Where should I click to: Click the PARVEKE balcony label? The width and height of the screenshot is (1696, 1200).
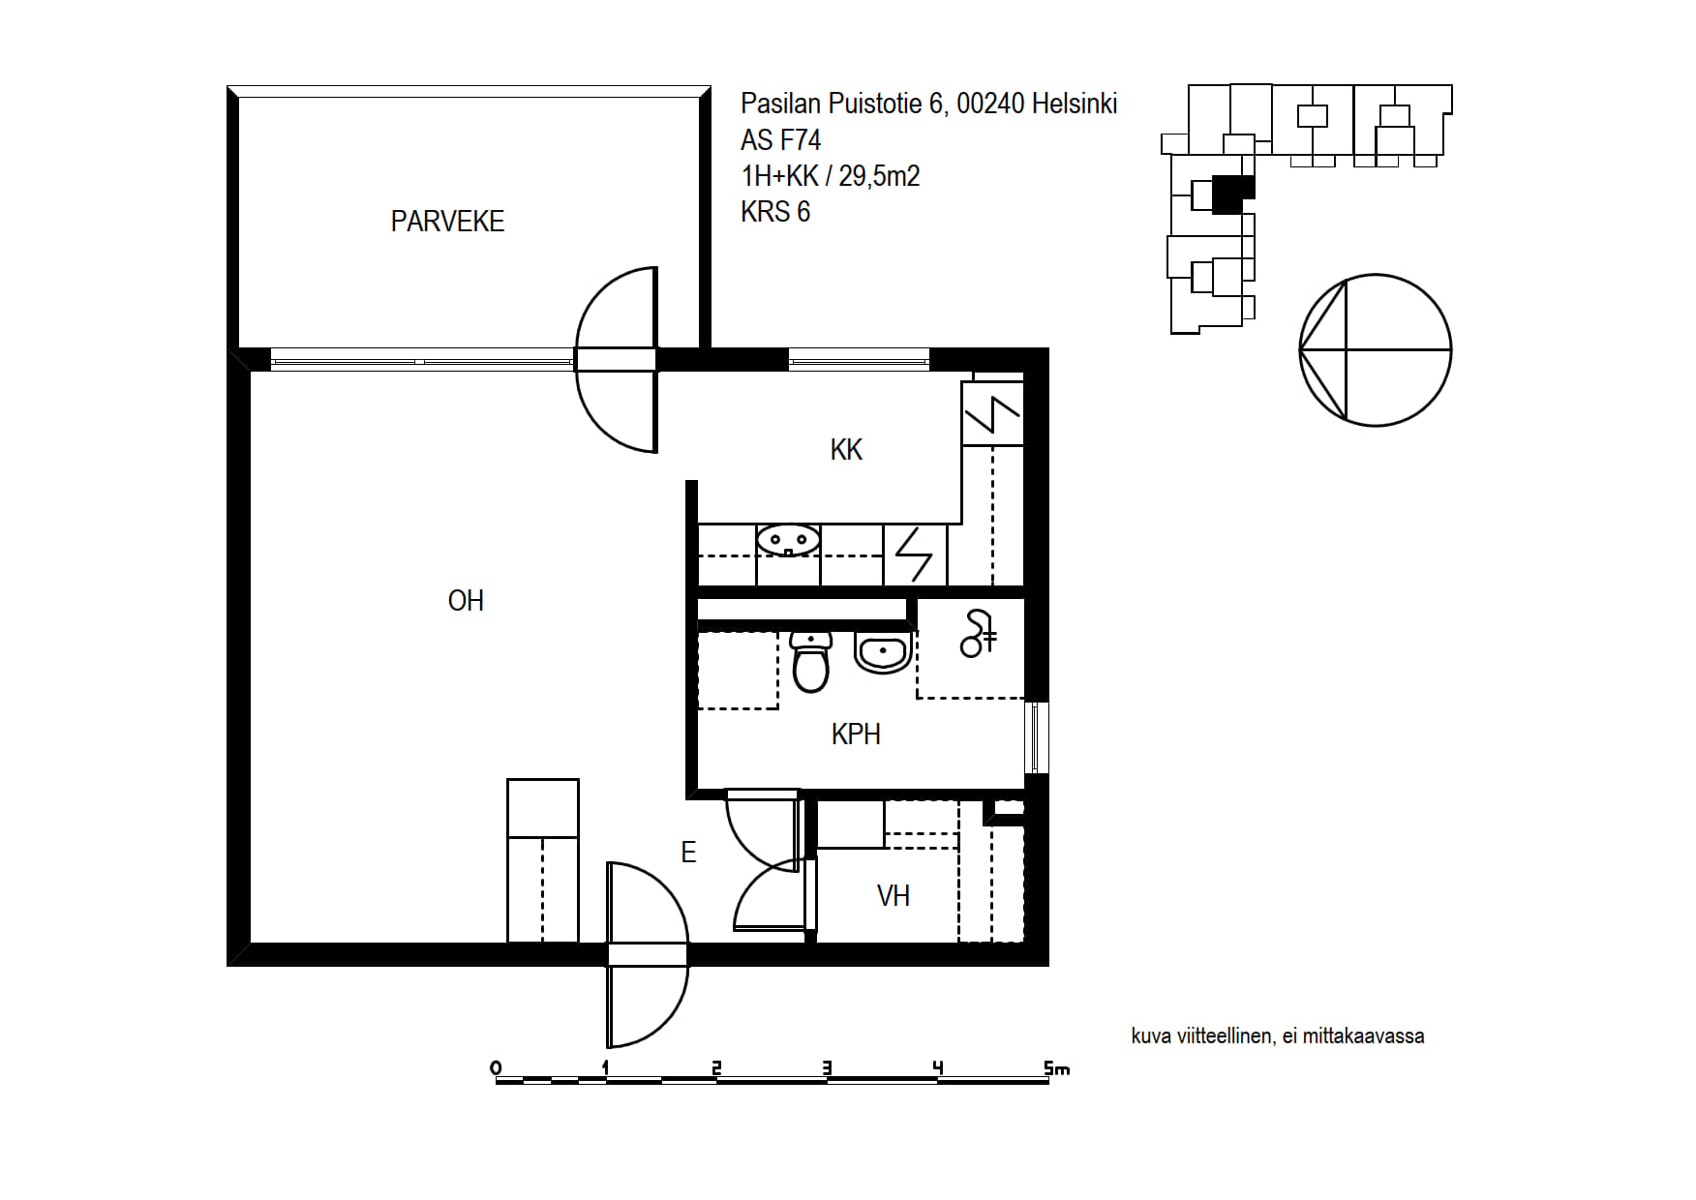tap(447, 222)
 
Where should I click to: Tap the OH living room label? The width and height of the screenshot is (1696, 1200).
tap(466, 601)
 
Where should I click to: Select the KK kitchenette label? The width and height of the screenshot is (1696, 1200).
tap(846, 450)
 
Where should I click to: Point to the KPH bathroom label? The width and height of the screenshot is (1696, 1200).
tap(856, 735)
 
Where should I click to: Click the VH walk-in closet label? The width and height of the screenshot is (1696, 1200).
tap(893, 896)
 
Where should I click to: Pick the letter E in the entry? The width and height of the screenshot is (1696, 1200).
tap(688, 853)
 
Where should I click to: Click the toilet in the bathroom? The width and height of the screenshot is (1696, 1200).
tap(811, 661)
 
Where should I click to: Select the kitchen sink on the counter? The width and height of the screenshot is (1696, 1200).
tap(788, 540)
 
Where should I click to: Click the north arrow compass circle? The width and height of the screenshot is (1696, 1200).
tap(1375, 350)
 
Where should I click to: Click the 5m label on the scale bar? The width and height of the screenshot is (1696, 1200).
tap(1056, 1068)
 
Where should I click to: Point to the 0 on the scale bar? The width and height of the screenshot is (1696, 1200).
tap(497, 1068)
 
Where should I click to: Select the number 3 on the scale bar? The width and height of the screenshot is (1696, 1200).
tap(827, 1068)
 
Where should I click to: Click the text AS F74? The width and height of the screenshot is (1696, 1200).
tap(780, 140)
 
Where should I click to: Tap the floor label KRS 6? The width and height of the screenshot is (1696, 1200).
tap(775, 212)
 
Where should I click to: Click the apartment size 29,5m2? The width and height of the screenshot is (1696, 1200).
tap(879, 176)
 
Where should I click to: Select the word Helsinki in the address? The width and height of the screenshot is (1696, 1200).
tap(1075, 104)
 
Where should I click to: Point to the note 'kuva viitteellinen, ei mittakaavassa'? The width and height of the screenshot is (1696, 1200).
tap(1278, 1036)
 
